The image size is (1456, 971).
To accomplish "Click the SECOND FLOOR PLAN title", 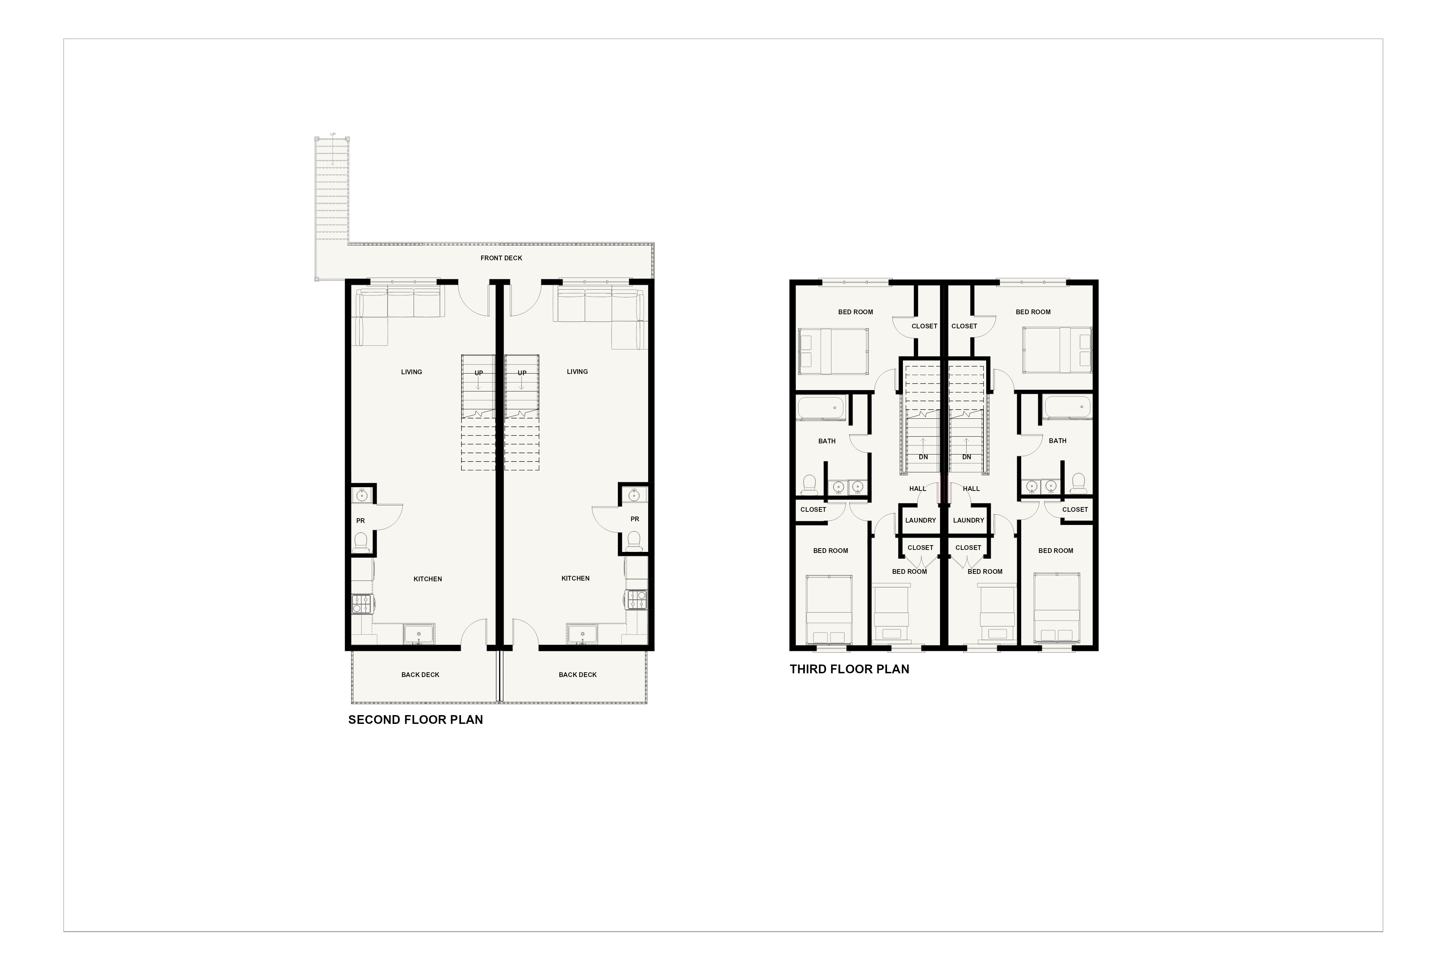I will coord(415,719).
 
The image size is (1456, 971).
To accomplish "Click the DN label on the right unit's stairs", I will coord(966,457).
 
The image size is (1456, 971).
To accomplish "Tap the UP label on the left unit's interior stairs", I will coord(479,373).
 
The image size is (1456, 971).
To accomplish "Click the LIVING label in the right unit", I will coord(577,372).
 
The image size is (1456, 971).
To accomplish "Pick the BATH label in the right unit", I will coord(1057,441).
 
